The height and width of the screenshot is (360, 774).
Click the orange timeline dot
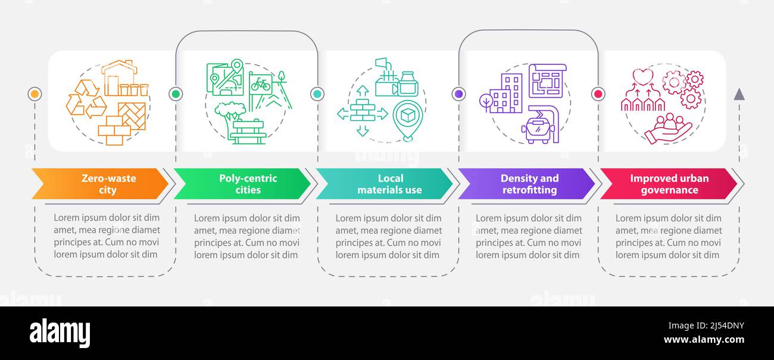[35, 94]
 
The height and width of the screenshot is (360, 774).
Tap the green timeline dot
[176, 94]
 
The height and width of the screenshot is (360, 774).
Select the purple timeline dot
[459, 94]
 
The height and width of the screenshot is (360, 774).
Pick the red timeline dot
[598, 94]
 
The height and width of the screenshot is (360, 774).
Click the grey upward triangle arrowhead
[739, 95]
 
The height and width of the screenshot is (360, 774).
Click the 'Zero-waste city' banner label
[108, 184]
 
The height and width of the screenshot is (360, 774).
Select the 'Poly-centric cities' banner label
[248, 184]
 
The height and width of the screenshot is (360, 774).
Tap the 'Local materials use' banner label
[390, 184]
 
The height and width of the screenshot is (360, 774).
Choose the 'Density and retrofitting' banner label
[530, 184]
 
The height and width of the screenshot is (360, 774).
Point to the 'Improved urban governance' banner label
[669, 184]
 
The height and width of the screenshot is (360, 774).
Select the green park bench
[248, 132]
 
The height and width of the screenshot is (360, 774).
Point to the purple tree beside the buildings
[486, 102]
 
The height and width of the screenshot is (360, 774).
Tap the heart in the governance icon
[642, 77]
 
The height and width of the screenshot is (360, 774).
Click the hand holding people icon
[668, 129]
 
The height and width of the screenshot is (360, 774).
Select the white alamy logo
[60, 333]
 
